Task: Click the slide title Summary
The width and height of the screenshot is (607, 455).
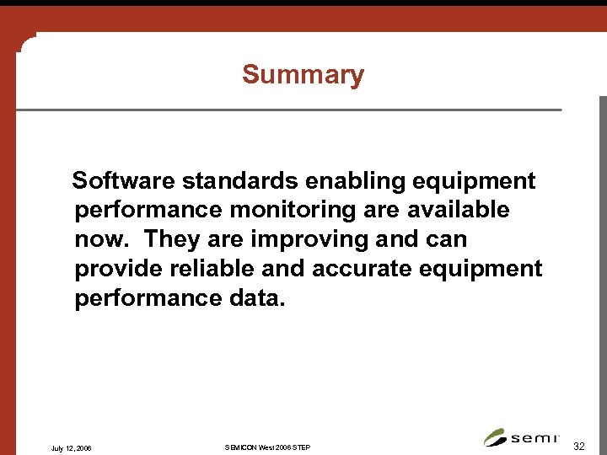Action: coord(303,75)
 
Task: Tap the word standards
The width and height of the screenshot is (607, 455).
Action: coord(242,181)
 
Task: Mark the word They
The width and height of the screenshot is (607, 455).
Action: coord(169,239)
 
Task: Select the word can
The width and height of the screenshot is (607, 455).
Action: coord(443,239)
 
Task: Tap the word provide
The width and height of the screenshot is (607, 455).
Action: coord(117,269)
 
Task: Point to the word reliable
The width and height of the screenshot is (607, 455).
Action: coord(214,269)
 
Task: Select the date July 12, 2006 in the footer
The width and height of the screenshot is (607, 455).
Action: coord(72,447)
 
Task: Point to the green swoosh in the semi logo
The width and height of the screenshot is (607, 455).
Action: coord(495,437)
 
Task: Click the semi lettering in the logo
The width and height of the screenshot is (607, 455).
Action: coord(534,437)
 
